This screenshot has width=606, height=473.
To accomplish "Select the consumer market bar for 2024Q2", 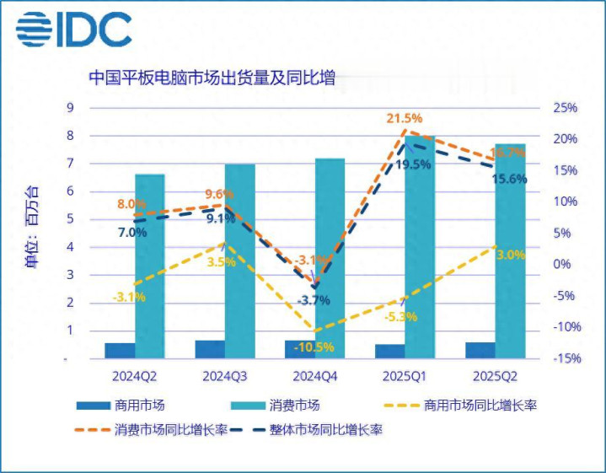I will [x=150, y=266].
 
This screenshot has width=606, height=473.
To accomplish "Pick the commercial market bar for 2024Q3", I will [x=210, y=349].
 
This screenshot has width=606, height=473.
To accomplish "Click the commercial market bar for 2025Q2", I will [x=480, y=350].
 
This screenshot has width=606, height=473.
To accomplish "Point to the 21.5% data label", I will [x=405, y=119].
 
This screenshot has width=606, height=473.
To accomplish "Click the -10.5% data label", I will [x=315, y=347].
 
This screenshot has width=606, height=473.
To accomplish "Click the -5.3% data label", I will [x=400, y=317].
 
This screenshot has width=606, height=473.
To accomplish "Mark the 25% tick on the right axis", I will [x=566, y=108].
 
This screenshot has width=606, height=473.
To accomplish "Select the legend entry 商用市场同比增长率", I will [x=481, y=406].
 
